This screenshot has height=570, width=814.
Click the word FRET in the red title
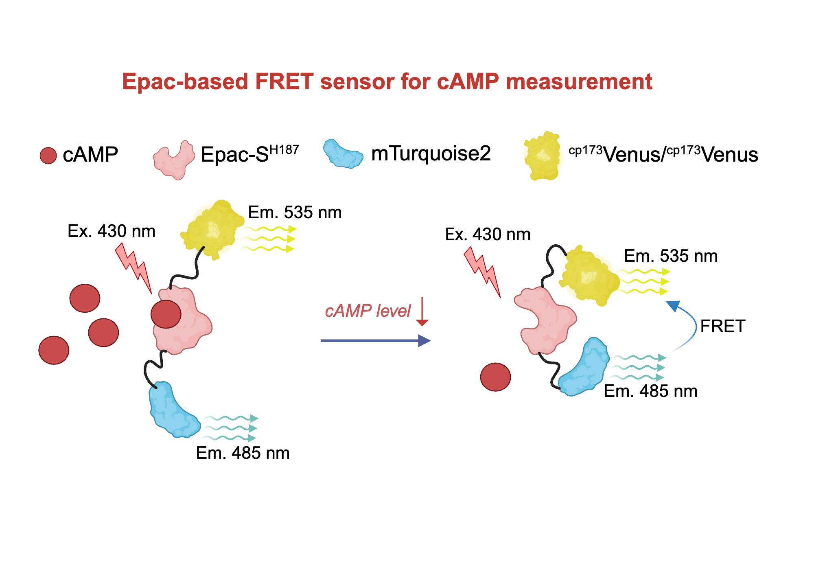284,81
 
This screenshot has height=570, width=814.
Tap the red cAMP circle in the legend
48,156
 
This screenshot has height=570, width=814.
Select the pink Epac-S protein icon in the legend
174,160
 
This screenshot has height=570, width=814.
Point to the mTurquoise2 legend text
431,153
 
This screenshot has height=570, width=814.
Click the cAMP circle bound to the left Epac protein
166,314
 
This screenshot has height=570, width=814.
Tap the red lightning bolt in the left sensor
133,267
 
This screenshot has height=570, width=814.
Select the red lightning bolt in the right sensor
482,270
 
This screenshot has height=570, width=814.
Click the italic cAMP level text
368,311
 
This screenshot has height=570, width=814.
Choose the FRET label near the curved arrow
722,326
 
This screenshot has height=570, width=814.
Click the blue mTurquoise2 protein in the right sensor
584,367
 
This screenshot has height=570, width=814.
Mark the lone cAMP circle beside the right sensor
495,377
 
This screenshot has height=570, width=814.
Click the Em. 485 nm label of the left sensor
243,453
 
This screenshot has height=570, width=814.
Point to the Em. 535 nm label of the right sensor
671,256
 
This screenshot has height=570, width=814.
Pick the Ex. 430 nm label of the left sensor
112,231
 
